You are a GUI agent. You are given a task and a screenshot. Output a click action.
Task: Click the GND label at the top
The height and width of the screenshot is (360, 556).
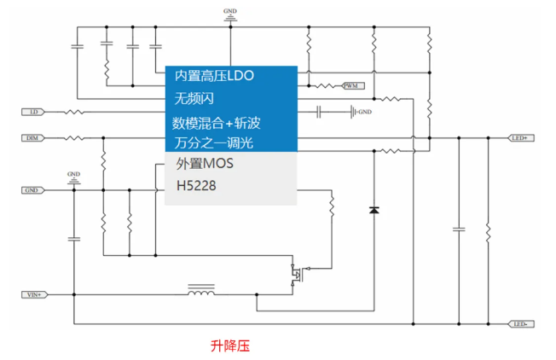coord(230,11)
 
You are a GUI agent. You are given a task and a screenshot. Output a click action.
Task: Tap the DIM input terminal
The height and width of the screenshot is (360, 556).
coord(32,137)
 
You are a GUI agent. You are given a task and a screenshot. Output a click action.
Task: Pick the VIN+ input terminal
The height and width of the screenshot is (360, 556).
coord(35,294)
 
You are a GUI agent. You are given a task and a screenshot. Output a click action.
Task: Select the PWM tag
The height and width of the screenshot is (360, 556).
coord(352,86)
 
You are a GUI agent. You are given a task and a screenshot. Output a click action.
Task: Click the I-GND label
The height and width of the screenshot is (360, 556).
coord(364,112)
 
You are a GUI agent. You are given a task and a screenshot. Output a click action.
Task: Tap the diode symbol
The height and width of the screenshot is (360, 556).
coord(374,209)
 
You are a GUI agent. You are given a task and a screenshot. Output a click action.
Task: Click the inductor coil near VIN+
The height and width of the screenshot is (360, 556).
coord(201,293)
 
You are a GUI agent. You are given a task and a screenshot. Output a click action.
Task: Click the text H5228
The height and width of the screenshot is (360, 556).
coord(195,183)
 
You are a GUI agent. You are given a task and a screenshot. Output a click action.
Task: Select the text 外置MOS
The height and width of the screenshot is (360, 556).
coord(204,163)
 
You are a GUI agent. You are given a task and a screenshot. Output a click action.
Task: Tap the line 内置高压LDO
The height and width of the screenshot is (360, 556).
coord(214,76)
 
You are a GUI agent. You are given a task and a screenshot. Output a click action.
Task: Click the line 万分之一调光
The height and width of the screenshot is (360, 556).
coord(213,142)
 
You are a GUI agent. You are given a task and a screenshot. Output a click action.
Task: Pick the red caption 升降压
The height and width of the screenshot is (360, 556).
coord(229,346)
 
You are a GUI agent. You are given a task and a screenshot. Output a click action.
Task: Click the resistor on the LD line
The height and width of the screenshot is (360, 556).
coord(75,112)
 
